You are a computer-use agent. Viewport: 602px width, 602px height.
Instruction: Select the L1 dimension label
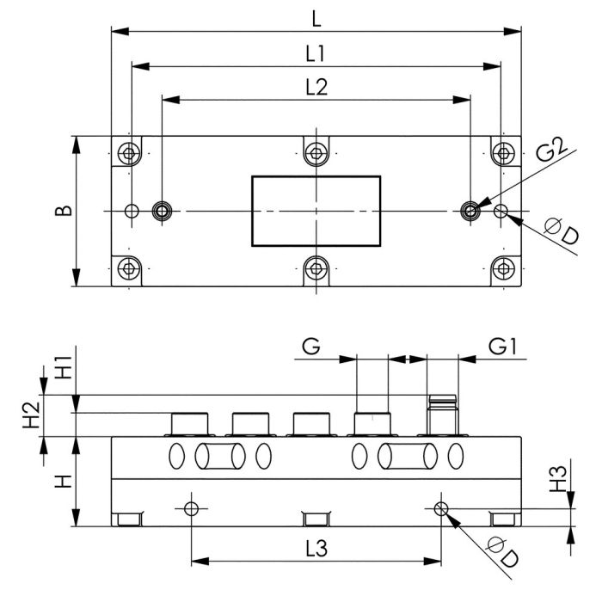pyautogui.click(x=316, y=52)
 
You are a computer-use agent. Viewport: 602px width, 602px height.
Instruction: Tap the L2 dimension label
pyautogui.click(x=316, y=86)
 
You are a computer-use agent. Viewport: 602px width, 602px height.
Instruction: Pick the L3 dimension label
pyautogui.click(x=316, y=547)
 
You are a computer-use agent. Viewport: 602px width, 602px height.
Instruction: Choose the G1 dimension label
pyautogui.click(x=502, y=347)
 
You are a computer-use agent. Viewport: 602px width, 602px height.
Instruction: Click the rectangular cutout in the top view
pyautogui.click(x=316, y=211)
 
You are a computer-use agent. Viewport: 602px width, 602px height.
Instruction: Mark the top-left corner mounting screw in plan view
pyautogui.click(x=129, y=154)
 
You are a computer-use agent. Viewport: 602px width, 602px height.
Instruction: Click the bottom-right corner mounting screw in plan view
pyautogui.click(x=503, y=269)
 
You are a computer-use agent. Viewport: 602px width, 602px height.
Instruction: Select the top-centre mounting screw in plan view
pyautogui.click(x=316, y=154)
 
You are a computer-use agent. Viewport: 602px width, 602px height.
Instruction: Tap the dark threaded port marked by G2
pyautogui.click(x=470, y=211)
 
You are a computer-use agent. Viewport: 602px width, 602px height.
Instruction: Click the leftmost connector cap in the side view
pyautogui.click(x=190, y=423)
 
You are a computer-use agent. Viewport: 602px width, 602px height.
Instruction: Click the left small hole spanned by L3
pyautogui.click(x=191, y=507)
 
